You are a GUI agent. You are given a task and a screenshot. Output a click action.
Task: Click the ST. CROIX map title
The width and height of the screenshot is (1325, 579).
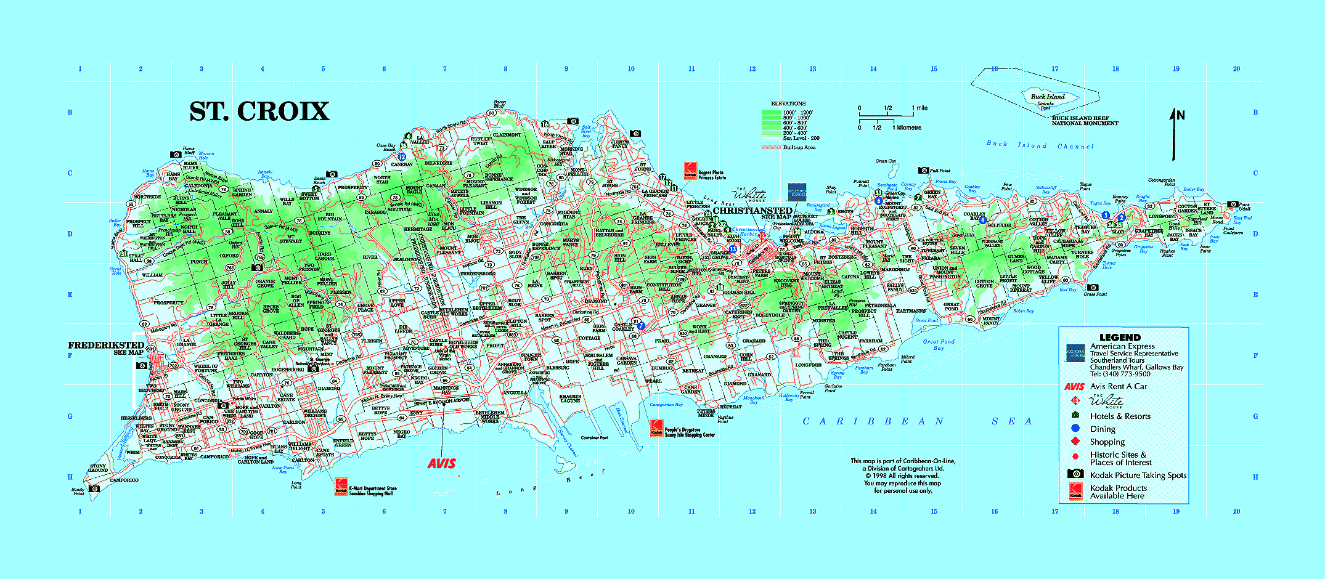(x=259, y=111)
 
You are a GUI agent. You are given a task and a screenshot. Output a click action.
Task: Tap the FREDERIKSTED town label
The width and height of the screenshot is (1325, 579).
(x=106, y=345)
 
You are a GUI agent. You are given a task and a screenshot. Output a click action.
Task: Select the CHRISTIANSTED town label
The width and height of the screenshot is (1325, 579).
(x=752, y=210)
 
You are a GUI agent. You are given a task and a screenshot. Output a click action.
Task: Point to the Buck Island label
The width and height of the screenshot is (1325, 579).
(x=1048, y=97)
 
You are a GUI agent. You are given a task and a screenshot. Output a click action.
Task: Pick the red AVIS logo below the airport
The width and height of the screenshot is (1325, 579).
(x=442, y=463)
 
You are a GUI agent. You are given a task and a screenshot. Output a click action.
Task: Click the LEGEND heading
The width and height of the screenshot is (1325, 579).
(x=1120, y=337)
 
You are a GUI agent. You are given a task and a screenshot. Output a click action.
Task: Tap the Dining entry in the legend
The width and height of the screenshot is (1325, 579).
(x=1103, y=429)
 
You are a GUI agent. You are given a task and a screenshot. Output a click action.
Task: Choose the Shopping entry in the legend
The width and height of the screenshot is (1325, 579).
(x=1107, y=442)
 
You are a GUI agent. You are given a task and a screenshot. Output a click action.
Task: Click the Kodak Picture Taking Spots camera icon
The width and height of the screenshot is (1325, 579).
(x=1075, y=474)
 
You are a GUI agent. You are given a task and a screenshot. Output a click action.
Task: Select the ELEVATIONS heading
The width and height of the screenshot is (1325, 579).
(x=788, y=103)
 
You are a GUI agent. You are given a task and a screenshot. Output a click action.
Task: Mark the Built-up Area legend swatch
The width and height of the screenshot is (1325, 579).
(x=771, y=147)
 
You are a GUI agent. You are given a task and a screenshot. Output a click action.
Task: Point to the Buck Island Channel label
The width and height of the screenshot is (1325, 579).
(x=1040, y=145)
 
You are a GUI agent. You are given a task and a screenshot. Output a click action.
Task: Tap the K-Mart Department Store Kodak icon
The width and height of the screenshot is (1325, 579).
(x=341, y=487)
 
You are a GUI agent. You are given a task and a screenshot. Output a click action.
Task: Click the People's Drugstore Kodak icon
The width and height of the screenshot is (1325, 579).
(x=657, y=428)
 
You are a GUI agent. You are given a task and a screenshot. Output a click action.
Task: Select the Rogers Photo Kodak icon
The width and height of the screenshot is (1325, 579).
(x=690, y=170)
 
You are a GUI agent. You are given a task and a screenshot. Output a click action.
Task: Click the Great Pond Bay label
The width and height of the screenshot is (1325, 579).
(x=939, y=344)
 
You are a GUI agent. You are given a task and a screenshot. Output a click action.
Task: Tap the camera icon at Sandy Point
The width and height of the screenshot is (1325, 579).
(x=94, y=489)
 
